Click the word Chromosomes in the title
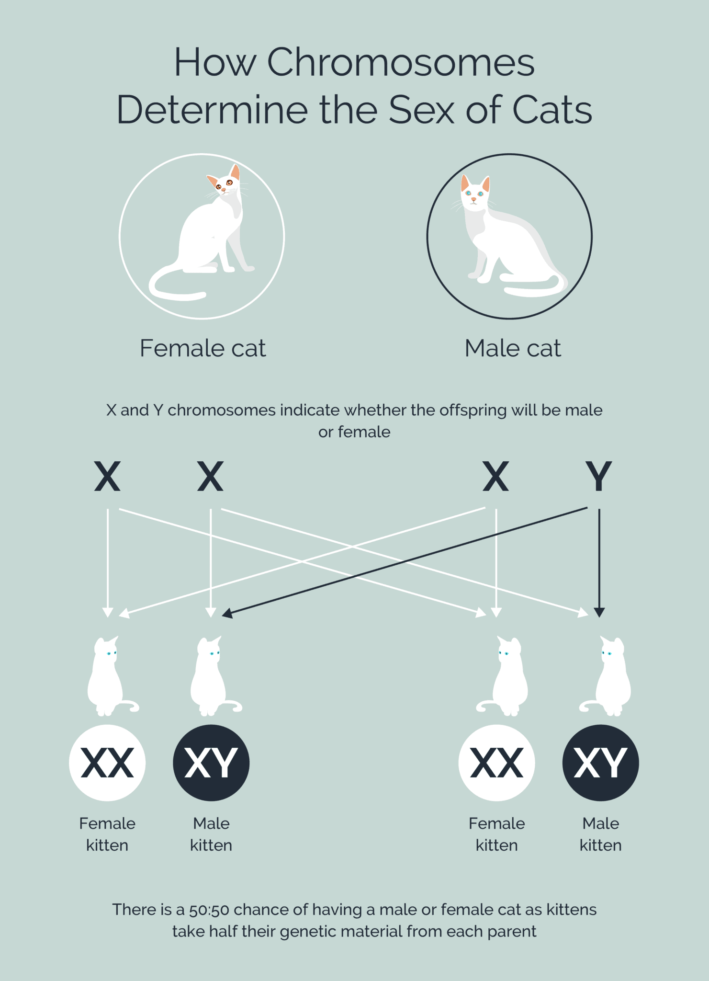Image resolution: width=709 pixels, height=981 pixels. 400,62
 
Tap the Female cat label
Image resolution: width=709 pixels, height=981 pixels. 203,348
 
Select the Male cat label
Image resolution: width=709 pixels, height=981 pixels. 512,348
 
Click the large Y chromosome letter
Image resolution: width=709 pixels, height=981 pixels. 598,476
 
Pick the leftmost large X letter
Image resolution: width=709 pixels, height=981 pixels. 107,476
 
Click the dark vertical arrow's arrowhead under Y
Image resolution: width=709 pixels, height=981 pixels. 599,612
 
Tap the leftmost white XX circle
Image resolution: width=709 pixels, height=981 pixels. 107,763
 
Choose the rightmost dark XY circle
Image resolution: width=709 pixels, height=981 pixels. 600,763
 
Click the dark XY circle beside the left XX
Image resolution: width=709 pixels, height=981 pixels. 211,763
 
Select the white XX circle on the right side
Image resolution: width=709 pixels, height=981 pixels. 496,763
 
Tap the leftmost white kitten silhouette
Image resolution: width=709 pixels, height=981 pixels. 108,678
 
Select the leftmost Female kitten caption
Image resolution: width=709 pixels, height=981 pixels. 107,834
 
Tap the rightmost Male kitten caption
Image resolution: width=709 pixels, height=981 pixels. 600,834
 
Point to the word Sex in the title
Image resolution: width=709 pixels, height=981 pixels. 421,110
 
